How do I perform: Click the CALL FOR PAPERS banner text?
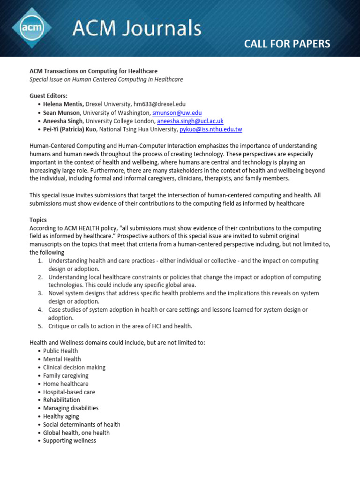coord(287,44)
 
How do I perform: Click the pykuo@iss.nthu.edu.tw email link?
coord(211,129)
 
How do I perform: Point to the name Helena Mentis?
coord(63,105)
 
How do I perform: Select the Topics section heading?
coord(38,220)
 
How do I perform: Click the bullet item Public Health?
coord(60,351)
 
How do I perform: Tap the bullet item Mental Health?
coord(62,359)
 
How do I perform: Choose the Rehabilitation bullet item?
coord(61,400)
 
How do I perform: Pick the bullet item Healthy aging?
coord(61,416)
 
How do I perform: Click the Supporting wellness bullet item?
coord(69,441)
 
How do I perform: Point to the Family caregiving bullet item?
coord(66,375)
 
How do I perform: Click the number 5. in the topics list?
coord(40,326)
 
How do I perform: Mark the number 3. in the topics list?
coord(40,293)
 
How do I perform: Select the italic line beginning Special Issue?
coord(106,79)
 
